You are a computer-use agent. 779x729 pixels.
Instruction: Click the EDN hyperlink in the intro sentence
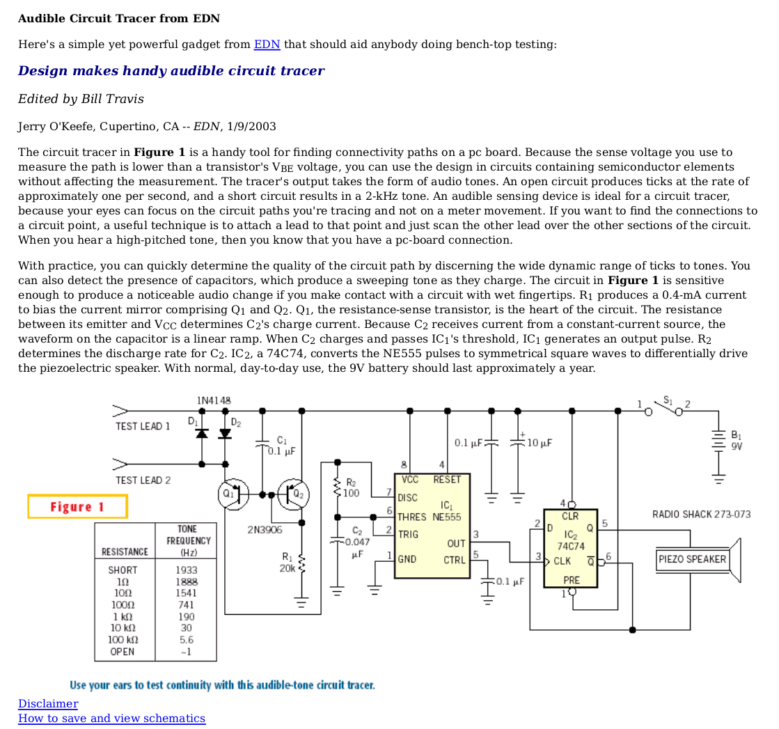tap(267, 45)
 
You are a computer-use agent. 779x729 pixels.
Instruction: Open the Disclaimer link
tap(48, 703)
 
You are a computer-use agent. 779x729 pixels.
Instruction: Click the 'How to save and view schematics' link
tap(111, 718)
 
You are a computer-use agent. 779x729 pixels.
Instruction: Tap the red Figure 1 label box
tap(77, 506)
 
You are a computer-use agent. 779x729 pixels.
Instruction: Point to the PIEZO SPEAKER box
tap(692, 559)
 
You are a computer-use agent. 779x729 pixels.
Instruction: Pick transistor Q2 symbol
tap(294, 494)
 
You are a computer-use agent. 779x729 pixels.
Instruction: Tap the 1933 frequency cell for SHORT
tap(187, 570)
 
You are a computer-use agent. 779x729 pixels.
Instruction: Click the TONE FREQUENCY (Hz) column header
tap(188, 540)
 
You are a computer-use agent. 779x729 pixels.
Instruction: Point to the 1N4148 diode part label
tap(214, 400)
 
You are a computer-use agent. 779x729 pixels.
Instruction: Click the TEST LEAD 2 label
tap(143, 480)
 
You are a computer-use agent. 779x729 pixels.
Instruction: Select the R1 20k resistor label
tap(287, 562)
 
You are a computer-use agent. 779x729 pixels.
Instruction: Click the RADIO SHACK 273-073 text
tap(701, 514)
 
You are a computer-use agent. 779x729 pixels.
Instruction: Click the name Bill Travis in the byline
tap(112, 99)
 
